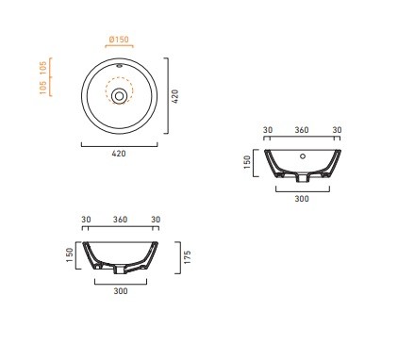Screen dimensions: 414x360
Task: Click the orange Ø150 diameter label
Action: tap(119, 40)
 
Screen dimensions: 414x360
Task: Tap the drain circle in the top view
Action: tap(119, 96)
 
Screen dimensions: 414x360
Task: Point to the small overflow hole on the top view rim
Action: tap(119, 66)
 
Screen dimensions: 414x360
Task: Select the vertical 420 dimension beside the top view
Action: tap(175, 96)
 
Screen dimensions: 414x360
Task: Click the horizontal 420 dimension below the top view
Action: tap(119, 154)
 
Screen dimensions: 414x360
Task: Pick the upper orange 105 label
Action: tap(42, 68)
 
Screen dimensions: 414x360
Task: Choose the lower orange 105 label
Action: tap(42, 88)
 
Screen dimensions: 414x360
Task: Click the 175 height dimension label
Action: tap(188, 257)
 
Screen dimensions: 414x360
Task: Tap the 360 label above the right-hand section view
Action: tap(302, 130)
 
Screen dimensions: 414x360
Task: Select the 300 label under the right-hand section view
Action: tap(302, 199)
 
